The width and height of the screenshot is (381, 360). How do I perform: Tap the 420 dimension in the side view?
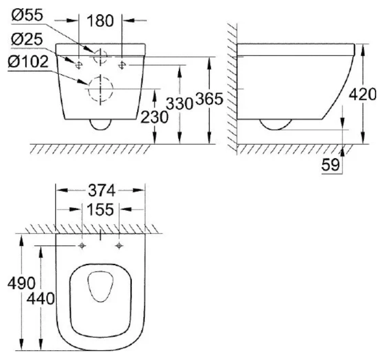[363, 95]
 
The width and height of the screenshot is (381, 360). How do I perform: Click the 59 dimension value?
[331, 165]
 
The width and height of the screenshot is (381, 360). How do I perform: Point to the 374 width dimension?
[101, 190]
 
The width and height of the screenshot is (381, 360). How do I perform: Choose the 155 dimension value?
[100, 209]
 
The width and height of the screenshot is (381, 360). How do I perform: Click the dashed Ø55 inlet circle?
[100, 56]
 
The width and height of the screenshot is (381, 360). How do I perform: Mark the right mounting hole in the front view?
[123, 63]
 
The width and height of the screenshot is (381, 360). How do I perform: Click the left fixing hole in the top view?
[82, 246]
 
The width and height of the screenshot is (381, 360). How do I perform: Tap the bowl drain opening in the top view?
[100, 287]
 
